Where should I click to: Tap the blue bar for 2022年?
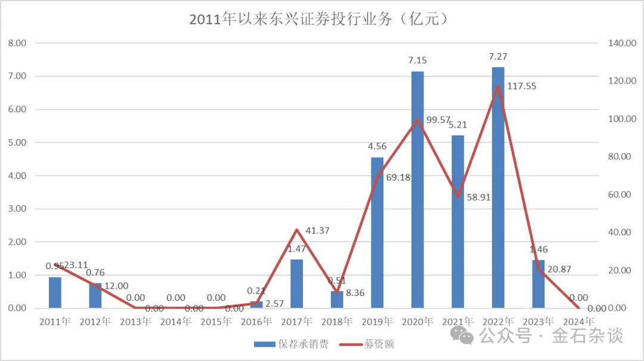point(498,187)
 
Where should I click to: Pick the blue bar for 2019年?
point(377,233)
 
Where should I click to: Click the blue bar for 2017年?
point(296,283)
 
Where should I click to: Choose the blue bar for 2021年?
point(457,221)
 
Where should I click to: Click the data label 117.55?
point(522,86)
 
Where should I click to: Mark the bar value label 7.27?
point(498,57)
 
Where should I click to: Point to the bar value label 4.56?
point(377,146)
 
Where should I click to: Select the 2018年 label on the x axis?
point(337,322)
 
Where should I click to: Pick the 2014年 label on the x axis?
point(176,322)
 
